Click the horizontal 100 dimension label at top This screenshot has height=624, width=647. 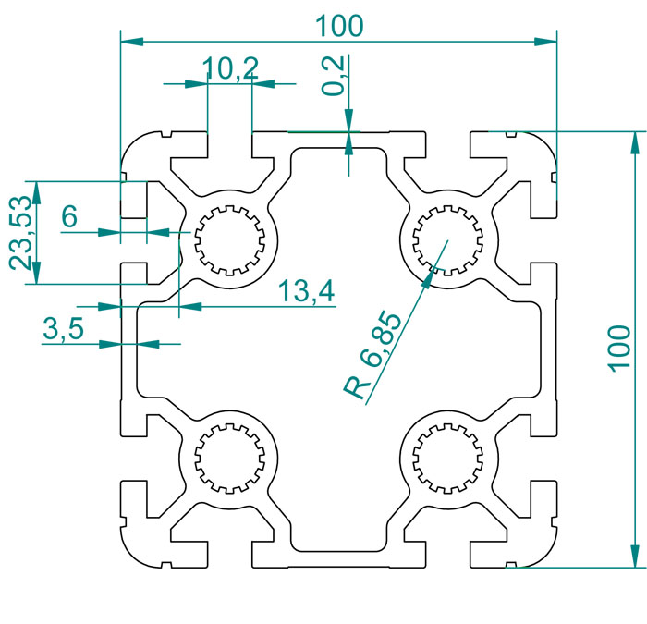coord(339,26)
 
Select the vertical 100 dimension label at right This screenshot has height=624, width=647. coord(620,349)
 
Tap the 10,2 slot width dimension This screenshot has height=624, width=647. coord(231,68)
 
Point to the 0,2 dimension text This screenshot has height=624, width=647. coord(333,76)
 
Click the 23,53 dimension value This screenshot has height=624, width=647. coord(20,233)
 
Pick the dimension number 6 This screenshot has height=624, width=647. coord(69,216)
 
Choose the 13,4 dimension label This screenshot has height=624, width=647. coord(307,290)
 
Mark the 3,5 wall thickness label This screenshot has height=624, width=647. coord(63,329)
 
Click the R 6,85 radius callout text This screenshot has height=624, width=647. coord(372,356)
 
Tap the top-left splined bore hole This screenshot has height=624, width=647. coord(229,240)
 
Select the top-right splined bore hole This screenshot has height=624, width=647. coord(447,240)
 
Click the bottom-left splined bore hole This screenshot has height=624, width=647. coord(229,459)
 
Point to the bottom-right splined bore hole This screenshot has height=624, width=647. coord(447,459)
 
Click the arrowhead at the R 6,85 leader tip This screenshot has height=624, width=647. coord(428,278)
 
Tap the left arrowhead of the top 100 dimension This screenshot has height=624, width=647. coord(132,42)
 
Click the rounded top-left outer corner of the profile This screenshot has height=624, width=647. coord(133,143)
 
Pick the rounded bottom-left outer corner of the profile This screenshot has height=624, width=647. coord(133,556)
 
